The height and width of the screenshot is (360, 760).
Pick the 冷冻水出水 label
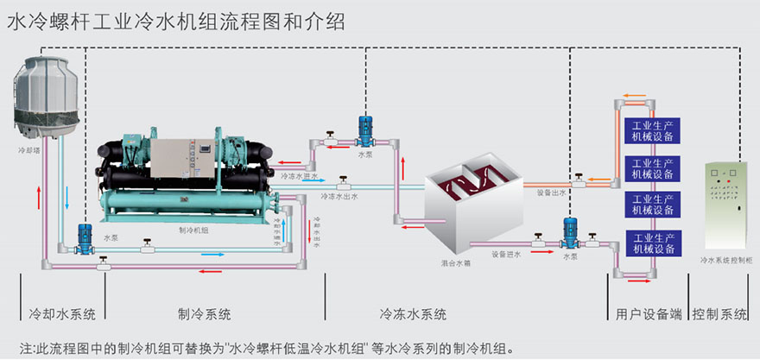click(x=339, y=197)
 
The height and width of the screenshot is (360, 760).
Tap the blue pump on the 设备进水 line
click(x=570, y=234)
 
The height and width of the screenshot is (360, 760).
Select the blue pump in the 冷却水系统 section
click(x=85, y=238)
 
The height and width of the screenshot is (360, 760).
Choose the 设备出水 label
click(x=550, y=193)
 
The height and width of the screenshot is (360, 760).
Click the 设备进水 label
click(x=506, y=254)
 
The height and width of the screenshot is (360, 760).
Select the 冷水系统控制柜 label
click(x=724, y=259)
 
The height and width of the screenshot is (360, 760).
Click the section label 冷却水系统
click(x=63, y=313)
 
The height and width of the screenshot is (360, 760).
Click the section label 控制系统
click(x=720, y=313)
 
